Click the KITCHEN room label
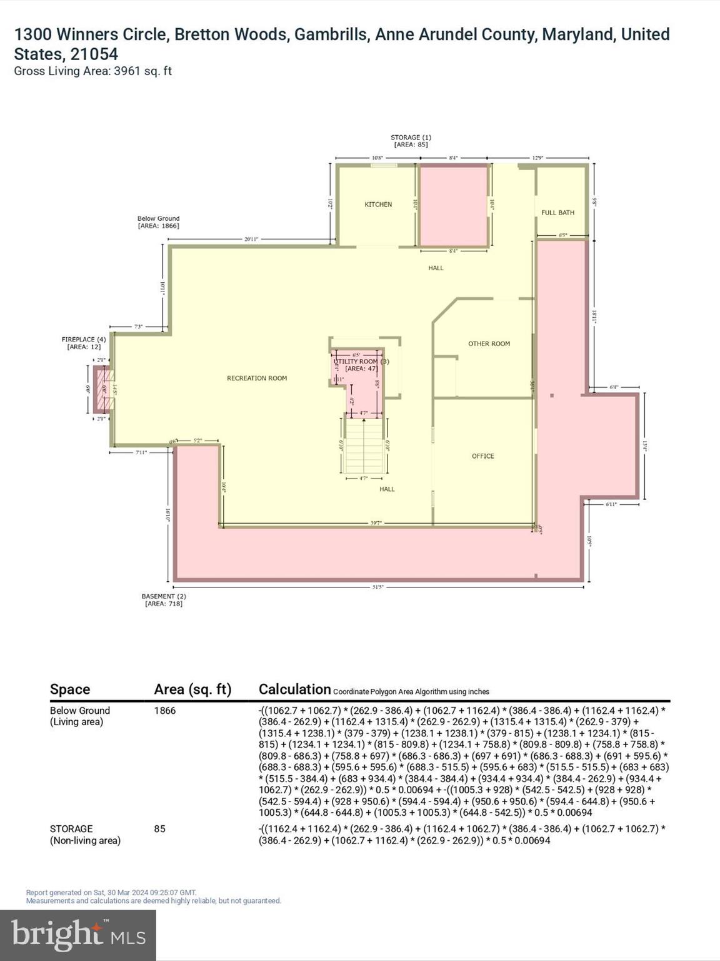point(378,205)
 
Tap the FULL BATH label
point(557,213)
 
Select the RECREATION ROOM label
point(257,379)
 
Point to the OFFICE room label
point(482,456)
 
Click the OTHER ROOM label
point(489,343)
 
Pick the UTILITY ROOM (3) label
point(361,362)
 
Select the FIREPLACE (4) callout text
point(84,343)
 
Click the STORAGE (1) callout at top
point(411,141)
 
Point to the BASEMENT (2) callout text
point(164,600)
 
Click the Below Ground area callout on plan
point(158,222)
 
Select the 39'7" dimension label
point(376,523)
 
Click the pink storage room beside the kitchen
point(453,206)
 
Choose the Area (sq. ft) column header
point(192,689)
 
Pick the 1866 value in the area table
point(165,711)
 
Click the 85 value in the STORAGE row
point(160,829)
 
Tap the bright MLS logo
point(78,935)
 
